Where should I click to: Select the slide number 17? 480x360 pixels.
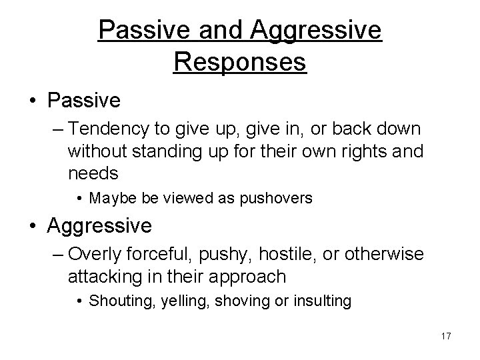click(445, 337)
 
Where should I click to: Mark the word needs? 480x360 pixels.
click(93, 173)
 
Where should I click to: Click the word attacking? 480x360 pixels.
click(100, 276)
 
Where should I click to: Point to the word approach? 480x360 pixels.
click(249, 276)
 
